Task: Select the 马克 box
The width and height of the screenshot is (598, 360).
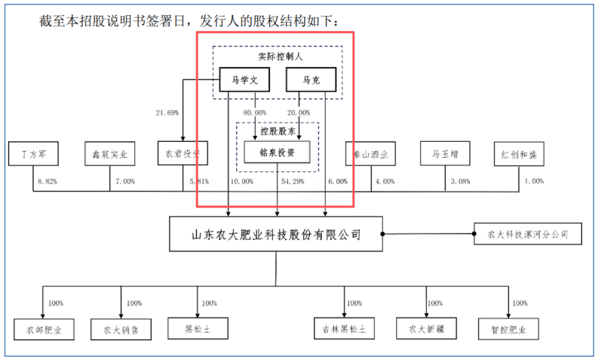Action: pyautogui.click(x=306, y=80)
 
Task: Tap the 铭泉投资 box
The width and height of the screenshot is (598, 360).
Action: pyautogui.click(x=278, y=152)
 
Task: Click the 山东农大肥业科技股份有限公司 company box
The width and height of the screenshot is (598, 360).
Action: pyautogui.click(x=275, y=234)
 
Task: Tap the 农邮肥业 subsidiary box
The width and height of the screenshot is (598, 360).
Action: pyautogui.click(x=44, y=329)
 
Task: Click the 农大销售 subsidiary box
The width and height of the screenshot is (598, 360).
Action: pyautogui.click(x=121, y=329)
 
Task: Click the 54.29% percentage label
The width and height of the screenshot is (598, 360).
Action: pyautogui.click(x=291, y=182)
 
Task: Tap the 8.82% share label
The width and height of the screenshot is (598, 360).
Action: pyautogui.click(x=47, y=182)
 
